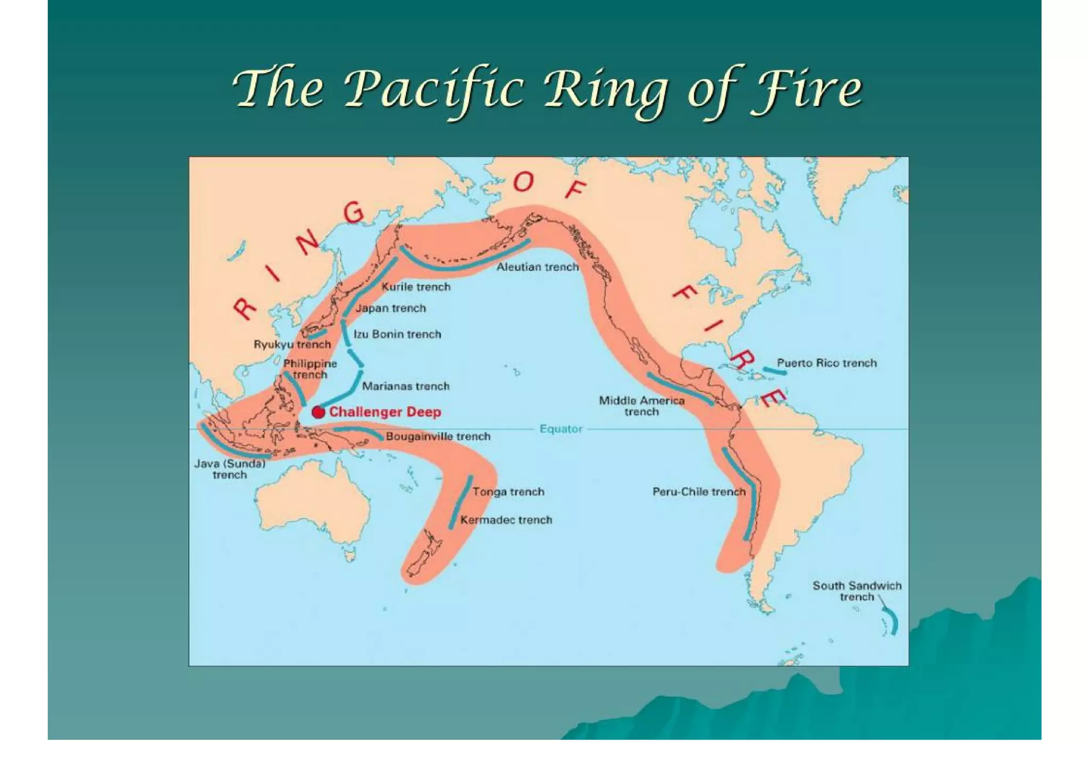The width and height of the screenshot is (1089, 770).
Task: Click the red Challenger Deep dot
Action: (x=318, y=412)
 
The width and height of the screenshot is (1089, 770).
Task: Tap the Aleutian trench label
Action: (x=537, y=267)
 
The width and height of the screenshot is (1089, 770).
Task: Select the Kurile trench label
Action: (x=416, y=287)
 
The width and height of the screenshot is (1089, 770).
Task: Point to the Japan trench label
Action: (x=390, y=308)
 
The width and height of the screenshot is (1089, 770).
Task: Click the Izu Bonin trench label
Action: (x=397, y=334)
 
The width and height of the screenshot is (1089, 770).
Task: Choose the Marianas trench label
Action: (x=405, y=386)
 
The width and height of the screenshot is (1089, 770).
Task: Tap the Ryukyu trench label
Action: (x=292, y=344)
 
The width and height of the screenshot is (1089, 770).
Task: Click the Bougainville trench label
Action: (x=438, y=436)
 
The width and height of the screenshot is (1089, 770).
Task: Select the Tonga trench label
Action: (x=508, y=492)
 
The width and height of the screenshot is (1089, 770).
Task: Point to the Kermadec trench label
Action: (x=506, y=520)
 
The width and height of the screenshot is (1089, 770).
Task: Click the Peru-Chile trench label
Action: (x=699, y=492)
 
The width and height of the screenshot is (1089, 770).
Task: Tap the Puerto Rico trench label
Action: (x=826, y=363)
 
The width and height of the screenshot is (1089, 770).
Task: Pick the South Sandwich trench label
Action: (x=857, y=591)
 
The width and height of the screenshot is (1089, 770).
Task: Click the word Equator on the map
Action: (x=561, y=429)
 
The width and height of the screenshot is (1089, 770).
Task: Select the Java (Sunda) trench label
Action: (x=230, y=469)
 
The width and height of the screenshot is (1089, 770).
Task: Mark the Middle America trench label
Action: (x=641, y=406)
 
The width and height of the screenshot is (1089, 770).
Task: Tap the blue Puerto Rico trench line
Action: (x=774, y=371)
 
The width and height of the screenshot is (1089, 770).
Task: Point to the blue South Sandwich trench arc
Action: (x=892, y=621)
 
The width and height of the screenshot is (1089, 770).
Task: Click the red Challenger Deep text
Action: (x=385, y=412)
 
